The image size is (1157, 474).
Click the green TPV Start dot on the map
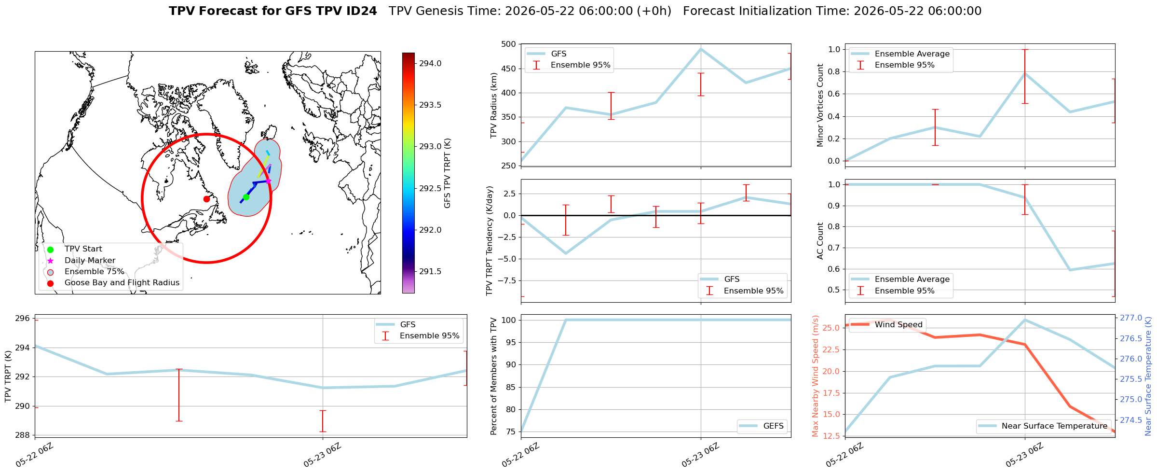tap(246, 197)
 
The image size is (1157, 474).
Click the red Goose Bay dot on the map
tap(206, 199)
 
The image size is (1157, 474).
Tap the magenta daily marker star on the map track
tap(269, 181)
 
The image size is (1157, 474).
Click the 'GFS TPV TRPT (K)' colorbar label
tap(448, 173)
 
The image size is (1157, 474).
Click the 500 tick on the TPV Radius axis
tap(509, 44)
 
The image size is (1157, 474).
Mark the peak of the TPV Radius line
tap(701, 49)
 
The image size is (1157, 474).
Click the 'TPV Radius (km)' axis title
tap(493, 105)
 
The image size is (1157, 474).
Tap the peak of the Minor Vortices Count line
tap(1025, 73)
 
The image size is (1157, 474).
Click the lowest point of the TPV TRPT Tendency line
tap(566, 253)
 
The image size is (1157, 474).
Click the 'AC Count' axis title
tap(820, 241)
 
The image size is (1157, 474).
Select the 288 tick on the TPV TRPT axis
tap(23, 435)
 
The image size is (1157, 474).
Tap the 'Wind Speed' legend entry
tap(887, 325)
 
